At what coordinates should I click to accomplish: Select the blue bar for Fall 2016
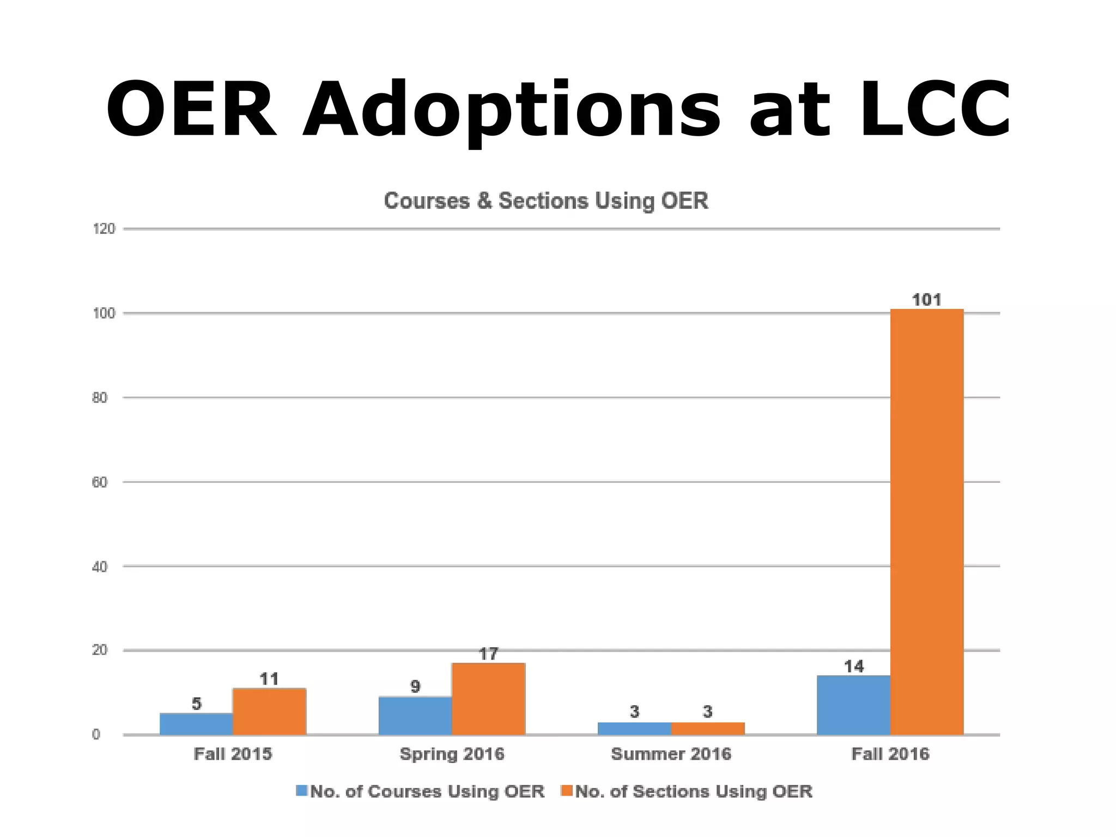coord(853,705)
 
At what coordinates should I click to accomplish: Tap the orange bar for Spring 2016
coord(488,699)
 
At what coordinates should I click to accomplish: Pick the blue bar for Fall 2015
coord(196,724)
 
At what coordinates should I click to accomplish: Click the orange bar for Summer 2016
coord(707,729)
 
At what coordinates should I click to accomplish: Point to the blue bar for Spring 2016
coord(415,715)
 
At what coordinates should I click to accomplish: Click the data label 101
coord(926,300)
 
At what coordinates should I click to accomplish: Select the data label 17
coord(488,654)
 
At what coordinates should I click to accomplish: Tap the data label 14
coord(853,666)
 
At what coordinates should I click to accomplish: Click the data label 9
coord(415,687)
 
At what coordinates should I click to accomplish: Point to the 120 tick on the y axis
coord(104,229)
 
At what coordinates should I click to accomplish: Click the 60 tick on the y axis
coord(100,482)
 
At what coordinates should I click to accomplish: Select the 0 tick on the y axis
coord(96,735)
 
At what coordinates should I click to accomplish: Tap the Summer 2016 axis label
coord(671,754)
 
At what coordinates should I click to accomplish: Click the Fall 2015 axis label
coord(233,754)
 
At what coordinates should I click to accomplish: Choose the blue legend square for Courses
coord(301,791)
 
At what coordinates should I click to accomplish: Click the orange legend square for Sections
coord(567,791)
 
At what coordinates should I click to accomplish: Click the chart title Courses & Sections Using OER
coord(546,201)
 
